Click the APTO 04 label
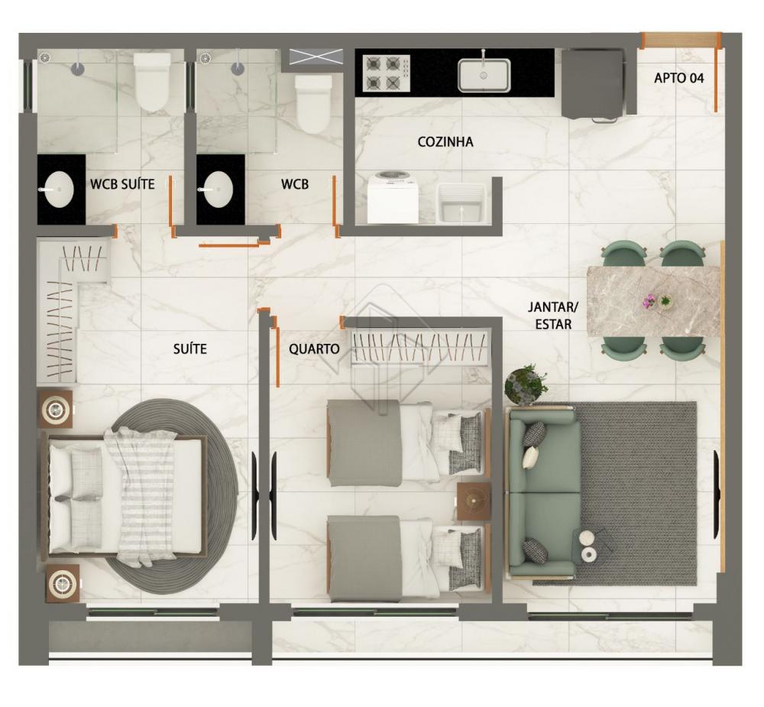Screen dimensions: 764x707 (678, 78)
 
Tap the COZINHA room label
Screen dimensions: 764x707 (445, 142)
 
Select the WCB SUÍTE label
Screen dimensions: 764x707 (122, 184)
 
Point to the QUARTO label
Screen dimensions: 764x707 (314, 349)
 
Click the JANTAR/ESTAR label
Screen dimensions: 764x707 (553, 316)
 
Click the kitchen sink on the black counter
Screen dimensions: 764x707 (484, 75)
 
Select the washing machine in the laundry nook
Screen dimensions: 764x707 (392, 197)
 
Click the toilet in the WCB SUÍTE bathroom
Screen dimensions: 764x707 (152, 81)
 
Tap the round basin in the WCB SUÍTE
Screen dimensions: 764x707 (59, 190)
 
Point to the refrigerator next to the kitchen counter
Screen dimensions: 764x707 (593, 84)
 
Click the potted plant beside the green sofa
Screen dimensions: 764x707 (526, 384)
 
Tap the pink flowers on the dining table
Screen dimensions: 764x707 (649, 301)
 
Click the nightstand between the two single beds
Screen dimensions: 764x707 (474, 501)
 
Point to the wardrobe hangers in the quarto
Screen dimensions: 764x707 (419, 348)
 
